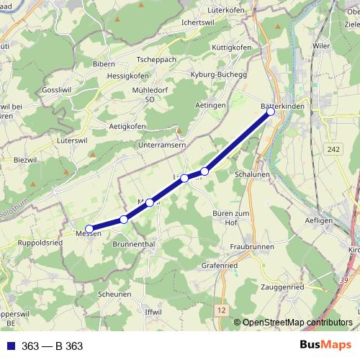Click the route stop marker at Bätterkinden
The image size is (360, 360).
(271, 112)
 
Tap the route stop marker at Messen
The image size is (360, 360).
(89, 229)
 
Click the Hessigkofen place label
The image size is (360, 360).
(127, 76)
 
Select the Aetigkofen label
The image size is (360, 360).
(127, 126)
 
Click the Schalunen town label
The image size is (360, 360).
(252, 174)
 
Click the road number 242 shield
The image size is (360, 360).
(332, 149)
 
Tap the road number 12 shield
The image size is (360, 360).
(220, 309)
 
